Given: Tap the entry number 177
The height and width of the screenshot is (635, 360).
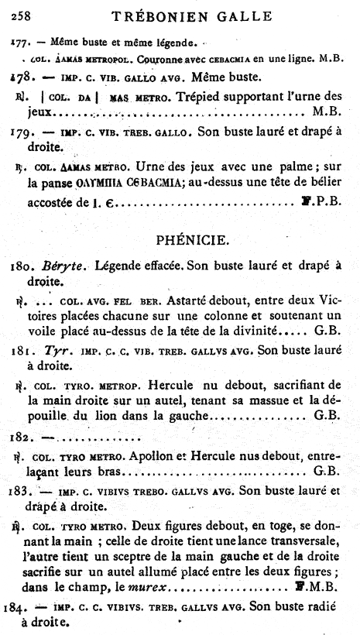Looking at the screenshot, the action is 24,39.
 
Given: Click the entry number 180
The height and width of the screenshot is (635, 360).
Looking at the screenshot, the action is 28,266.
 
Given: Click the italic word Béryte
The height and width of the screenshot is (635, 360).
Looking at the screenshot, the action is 72,266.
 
